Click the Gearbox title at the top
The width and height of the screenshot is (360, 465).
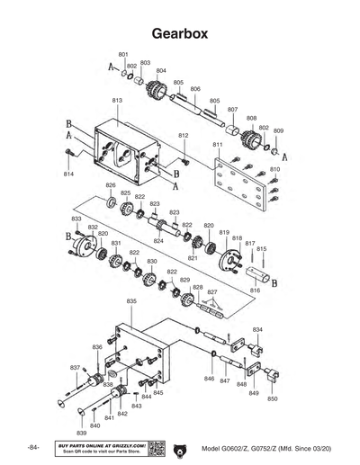tap(180, 32)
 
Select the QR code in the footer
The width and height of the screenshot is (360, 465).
tap(156, 448)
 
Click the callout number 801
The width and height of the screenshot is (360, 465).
tap(123, 55)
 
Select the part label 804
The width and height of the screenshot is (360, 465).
tap(161, 70)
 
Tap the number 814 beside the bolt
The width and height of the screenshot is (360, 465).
tap(68, 173)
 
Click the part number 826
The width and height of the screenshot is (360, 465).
tap(111, 186)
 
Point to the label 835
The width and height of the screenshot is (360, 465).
tap(131, 300)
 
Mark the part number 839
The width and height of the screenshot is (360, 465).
tap(82, 433)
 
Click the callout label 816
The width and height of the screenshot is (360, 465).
tap(255, 291)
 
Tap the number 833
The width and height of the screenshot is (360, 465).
tap(76, 219)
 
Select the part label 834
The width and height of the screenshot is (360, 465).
tap(257, 330)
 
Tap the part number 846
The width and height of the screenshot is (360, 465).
tap(209, 379)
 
